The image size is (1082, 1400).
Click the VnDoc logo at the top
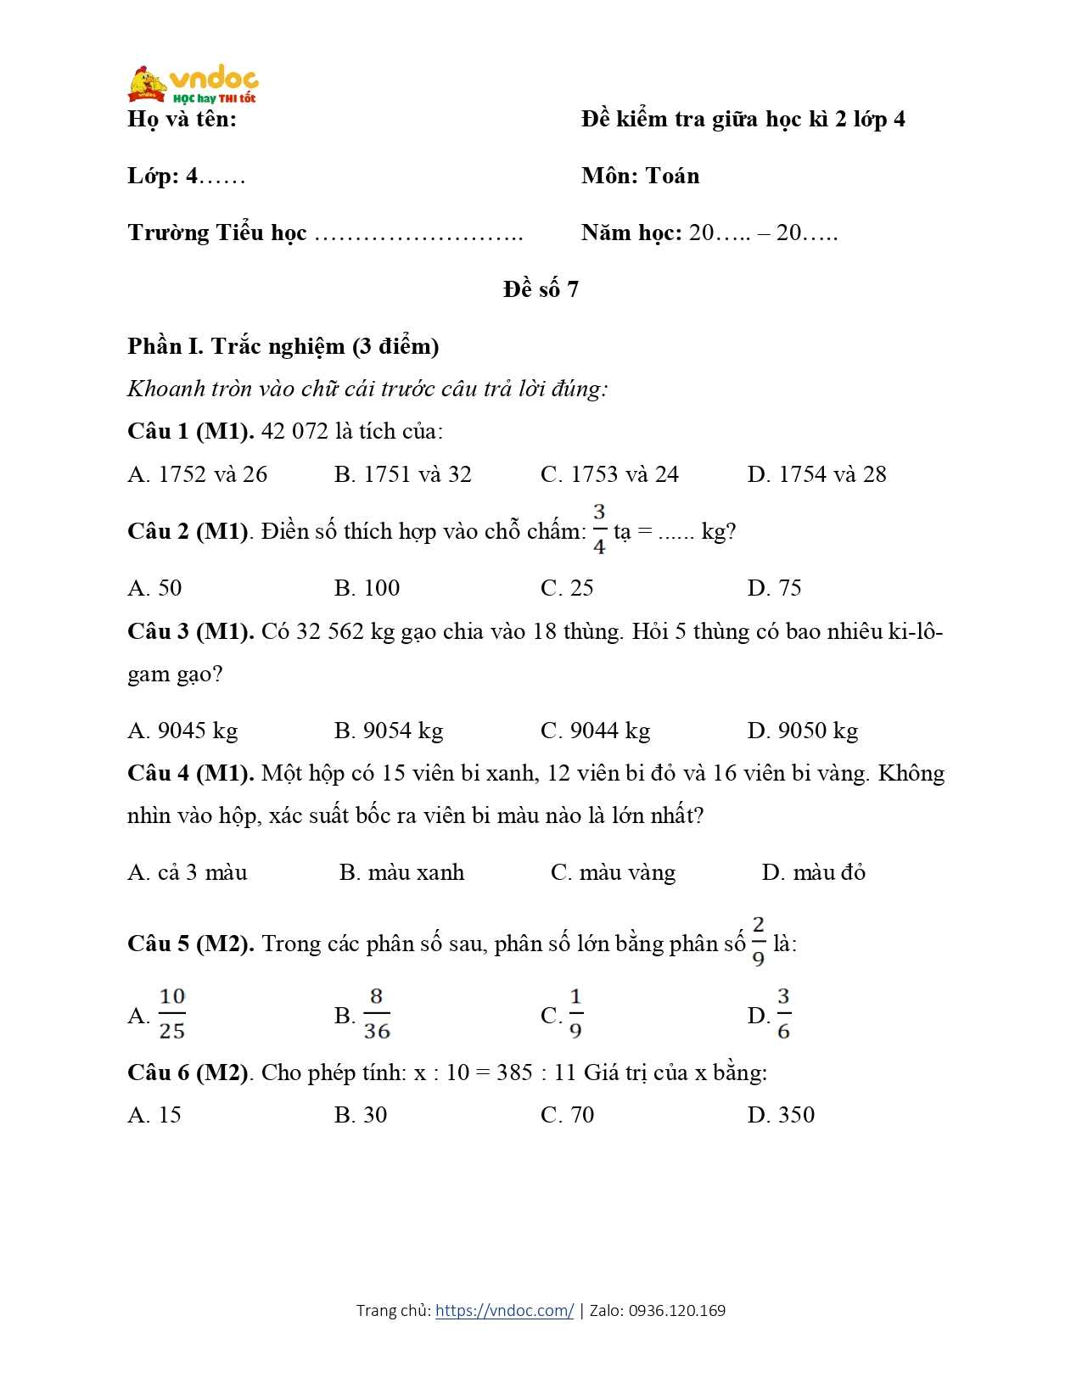[x=193, y=83]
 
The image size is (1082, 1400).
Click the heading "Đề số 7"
[x=541, y=289]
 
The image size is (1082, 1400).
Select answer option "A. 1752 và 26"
[x=197, y=474]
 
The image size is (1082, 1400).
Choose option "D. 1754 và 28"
[x=816, y=474]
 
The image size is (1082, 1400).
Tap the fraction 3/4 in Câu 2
[x=599, y=529]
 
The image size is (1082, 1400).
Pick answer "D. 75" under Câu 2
[x=774, y=588]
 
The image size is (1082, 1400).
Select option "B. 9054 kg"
[x=389, y=731]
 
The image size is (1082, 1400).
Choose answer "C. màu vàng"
[x=613, y=872]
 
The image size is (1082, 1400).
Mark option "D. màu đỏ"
[x=813, y=872]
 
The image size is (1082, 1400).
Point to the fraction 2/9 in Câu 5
[x=758, y=941]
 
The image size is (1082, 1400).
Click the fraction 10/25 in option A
[x=172, y=1013]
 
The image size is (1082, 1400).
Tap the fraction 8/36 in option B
[x=377, y=1013]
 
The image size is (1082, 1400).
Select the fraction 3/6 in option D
[x=783, y=1013]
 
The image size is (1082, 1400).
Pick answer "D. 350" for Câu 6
[x=781, y=1115]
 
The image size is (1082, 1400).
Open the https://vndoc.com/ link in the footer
[x=504, y=1310]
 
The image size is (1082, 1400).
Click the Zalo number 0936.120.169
[x=676, y=1310]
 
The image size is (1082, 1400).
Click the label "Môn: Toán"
[x=641, y=176]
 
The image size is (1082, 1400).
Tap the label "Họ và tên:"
[x=182, y=119]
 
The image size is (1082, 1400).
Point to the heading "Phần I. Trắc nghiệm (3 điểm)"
[x=283, y=346]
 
